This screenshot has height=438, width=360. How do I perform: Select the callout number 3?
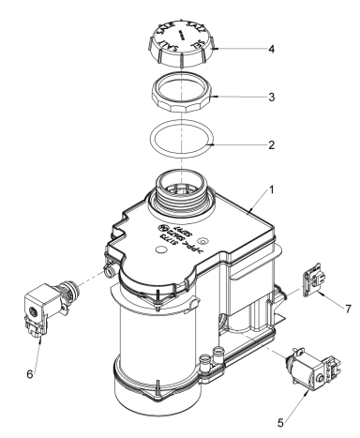pos(270,97)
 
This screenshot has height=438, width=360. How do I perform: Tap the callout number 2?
pos(270,146)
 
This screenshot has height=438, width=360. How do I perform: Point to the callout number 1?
pos(270,189)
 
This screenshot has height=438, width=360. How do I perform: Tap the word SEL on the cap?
pos(195,43)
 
